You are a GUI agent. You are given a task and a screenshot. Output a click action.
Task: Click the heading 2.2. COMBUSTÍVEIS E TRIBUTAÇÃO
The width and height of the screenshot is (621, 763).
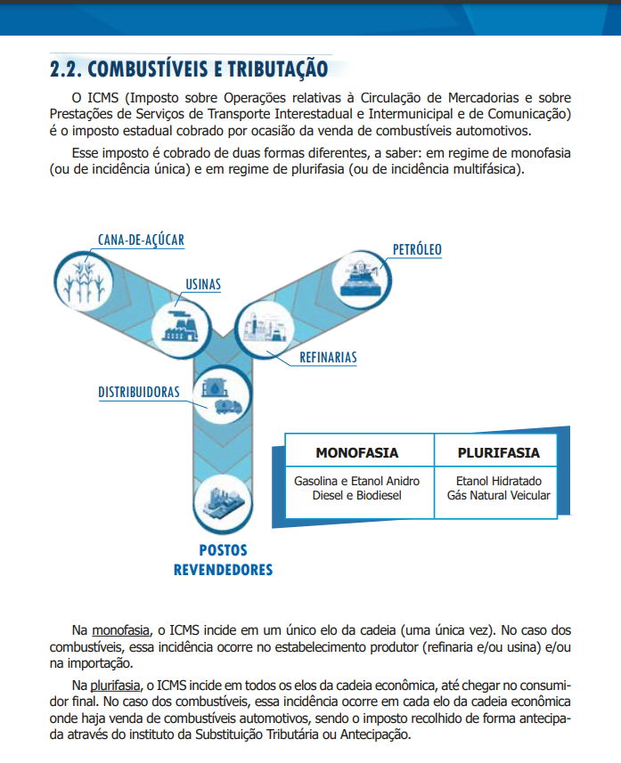[189, 69]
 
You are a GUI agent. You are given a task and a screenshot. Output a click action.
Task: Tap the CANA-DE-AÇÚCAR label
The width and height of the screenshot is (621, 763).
[142, 239]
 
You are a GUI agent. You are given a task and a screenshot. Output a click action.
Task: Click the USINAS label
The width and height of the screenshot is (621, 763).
[203, 285]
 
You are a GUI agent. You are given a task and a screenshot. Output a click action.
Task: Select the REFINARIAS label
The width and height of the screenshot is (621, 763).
[328, 358]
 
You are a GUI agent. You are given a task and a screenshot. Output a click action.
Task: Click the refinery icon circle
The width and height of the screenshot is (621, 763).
[265, 325]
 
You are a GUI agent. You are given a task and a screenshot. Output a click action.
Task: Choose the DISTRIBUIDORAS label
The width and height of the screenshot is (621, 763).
[139, 392]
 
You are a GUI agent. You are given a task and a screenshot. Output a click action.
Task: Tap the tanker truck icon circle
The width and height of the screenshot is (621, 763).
[219, 398]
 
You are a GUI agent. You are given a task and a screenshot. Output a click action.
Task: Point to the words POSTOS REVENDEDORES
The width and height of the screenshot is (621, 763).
[223, 560]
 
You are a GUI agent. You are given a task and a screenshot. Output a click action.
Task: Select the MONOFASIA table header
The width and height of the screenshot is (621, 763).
[356, 452]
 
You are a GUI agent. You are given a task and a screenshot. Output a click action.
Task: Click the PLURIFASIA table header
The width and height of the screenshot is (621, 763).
[498, 452]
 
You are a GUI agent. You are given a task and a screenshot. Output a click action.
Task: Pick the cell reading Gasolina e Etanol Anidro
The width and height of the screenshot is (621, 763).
[356, 488]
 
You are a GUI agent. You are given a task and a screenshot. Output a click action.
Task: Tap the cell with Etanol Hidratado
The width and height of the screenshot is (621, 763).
[498, 488]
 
